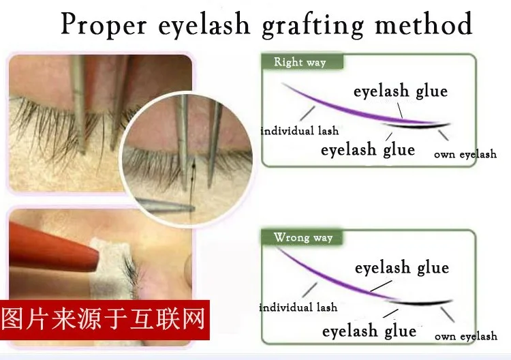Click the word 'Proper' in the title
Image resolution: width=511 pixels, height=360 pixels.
pyautogui.click(x=104, y=25)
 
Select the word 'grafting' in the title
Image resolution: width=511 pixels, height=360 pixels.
pyautogui.click(x=313, y=25)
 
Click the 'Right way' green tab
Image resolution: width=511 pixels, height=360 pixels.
pyautogui.click(x=302, y=61)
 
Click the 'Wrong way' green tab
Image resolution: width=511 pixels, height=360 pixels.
pyautogui.click(x=302, y=237)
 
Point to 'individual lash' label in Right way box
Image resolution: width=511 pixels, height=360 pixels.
pyautogui.click(x=300, y=131)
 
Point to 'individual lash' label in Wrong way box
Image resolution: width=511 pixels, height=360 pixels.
pyautogui.click(x=298, y=307)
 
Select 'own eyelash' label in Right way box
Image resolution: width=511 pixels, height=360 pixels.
pyautogui.click(x=465, y=154)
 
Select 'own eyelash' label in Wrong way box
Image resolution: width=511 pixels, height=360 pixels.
pyautogui.click(x=466, y=336)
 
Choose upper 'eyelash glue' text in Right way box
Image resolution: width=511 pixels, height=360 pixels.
pyautogui.click(x=401, y=91)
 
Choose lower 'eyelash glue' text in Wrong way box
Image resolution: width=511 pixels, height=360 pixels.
pyautogui.click(x=369, y=331)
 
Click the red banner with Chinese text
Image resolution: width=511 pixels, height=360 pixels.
pyautogui.click(x=105, y=320)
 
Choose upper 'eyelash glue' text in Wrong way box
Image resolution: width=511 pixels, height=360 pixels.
pyautogui.click(x=402, y=268)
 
